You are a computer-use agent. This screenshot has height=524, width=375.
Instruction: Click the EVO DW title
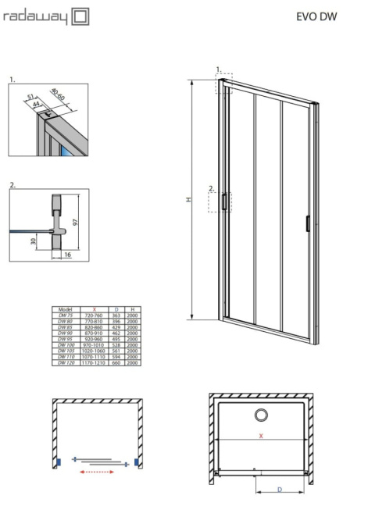tap(317, 16)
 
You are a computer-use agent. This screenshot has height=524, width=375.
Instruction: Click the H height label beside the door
tap(179, 200)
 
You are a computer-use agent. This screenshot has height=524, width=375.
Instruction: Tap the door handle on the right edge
tap(308, 223)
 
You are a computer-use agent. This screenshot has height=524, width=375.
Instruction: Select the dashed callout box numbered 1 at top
tap(224, 84)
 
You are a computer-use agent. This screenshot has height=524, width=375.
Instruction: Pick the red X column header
tap(93, 310)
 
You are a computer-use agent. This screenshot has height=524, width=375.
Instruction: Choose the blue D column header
tap(115, 310)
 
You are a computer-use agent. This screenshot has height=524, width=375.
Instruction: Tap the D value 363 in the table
tap(115, 315)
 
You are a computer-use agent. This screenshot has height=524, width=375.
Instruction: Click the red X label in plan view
tap(261, 438)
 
